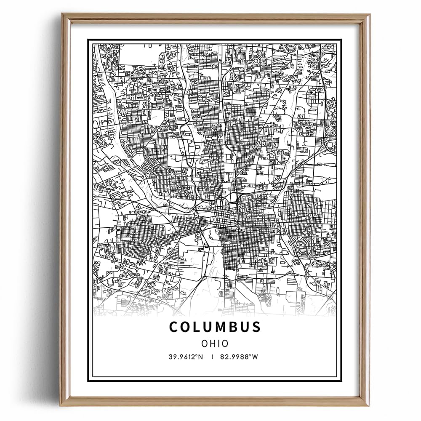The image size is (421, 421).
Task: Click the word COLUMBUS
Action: pyautogui.click(x=215, y=327)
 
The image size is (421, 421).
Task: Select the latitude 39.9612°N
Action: pyautogui.click(x=186, y=357)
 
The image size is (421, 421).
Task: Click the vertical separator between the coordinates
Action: pyautogui.click(x=213, y=357)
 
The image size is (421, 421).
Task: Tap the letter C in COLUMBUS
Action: pyautogui.click(x=173, y=327)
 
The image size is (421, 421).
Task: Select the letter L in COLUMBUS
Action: pyautogui.click(x=197, y=327)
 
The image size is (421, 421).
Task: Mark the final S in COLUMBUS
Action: pyautogui.click(x=256, y=327)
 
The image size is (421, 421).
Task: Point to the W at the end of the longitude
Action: pyautogui.click(x=255, y=357)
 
